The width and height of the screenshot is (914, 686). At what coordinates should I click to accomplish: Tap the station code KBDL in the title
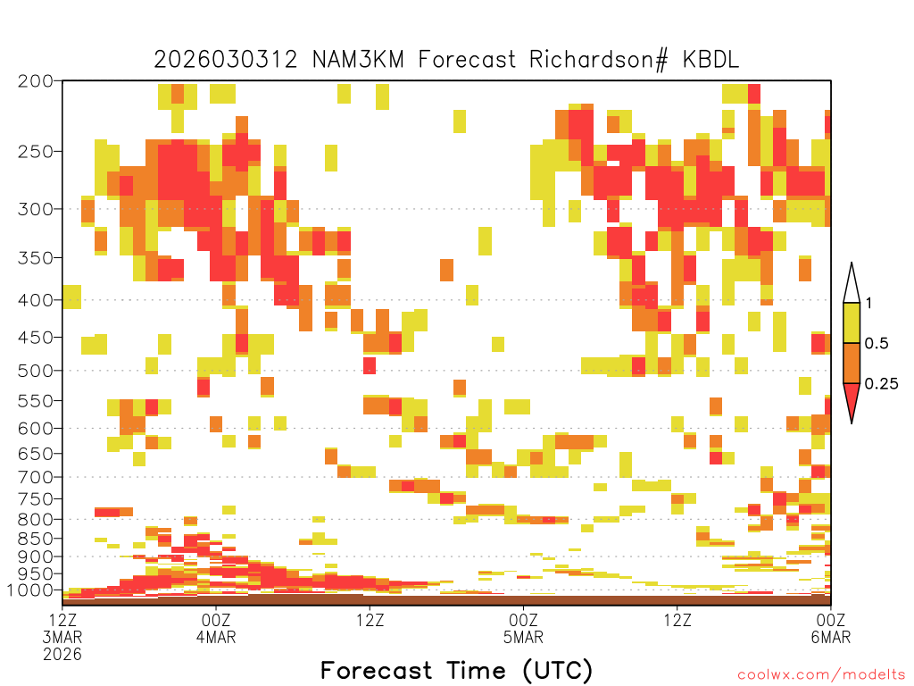[710, 60]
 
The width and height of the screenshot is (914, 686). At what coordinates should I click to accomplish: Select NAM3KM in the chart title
[358, 60]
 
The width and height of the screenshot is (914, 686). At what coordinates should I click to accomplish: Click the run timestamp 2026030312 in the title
[226, 60]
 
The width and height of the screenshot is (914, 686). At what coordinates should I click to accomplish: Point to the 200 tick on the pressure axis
[36, 81]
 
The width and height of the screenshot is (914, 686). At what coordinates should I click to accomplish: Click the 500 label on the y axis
[36, 371]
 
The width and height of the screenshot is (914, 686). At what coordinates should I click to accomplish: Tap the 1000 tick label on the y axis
[29, 590]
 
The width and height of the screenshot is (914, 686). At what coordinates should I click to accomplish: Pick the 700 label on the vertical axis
[36, 477]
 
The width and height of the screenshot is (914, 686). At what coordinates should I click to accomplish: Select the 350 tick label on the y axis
[36, 258]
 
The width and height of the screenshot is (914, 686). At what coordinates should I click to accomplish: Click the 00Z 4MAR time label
[216, 628]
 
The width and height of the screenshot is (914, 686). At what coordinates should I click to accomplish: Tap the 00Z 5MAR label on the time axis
[523, 628]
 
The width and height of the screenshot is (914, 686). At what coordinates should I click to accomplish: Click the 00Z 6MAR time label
[831, 628]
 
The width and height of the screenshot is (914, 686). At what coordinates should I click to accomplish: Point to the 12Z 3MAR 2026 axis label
[62, 637]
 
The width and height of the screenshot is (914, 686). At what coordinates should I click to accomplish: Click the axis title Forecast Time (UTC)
[456, 671]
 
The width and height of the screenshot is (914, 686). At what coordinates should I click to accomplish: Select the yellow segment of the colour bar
[852, 322]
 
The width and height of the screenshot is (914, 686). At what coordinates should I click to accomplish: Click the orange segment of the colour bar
[852, 363]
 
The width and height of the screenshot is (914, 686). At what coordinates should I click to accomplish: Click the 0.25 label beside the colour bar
[881, 384]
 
